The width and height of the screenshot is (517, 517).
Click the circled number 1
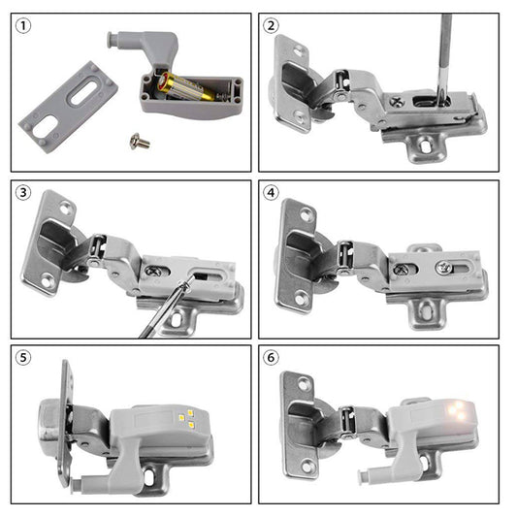click(23, 26)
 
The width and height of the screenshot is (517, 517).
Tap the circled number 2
click(271, 26)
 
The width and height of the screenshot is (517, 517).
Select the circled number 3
click(23, 193)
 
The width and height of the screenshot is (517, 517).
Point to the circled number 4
click(271, 193)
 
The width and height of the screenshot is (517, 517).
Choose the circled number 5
click(23, 357)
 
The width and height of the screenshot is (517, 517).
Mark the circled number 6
click(271, 357)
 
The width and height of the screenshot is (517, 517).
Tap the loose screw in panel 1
click(140, 142)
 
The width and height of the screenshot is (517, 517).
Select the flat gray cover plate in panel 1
click(69, 107)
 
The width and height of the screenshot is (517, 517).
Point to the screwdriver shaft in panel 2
click(444, 56)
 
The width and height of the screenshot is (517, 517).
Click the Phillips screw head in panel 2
click(397, 101)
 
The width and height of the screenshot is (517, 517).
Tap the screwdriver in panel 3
click(165, 308)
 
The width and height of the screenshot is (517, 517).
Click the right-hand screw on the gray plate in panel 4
click(443, 267)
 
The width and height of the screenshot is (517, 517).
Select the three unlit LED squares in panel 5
click(186, 418)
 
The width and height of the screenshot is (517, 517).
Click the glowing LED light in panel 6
click(457, 410)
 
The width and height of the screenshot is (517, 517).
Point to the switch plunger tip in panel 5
click(77, 484)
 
